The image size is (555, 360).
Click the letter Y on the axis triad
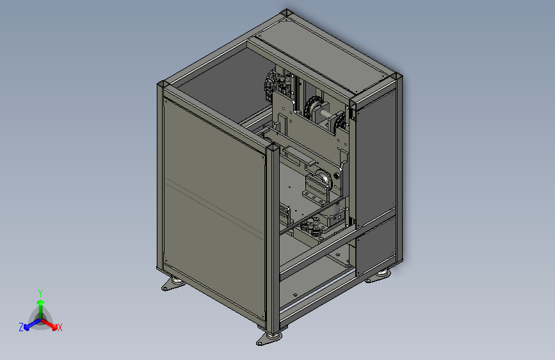[x=40, y=293]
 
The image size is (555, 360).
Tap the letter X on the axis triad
[x=60, y=327]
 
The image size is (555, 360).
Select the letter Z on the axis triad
[x=21, y=327]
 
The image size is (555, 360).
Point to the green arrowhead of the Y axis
[x=41, y=302]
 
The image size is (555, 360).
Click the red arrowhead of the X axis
[x=54, y=326]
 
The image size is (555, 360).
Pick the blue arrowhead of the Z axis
[x=26, y=327]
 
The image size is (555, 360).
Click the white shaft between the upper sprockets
[x=328, y=114]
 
